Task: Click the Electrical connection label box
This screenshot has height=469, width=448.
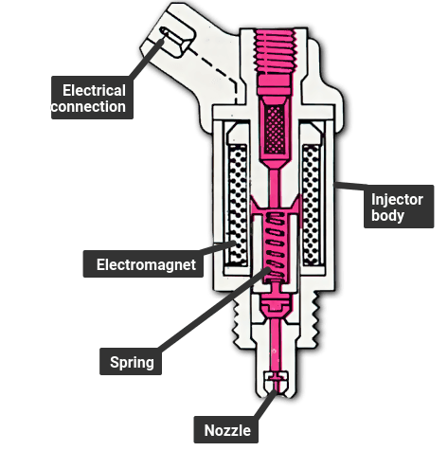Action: (x=92, y=98)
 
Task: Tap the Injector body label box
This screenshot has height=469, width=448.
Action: (x=399, y=207)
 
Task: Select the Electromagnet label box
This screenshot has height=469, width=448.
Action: (x=143, y=264)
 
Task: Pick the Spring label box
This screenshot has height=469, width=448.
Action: (x=131, y=362)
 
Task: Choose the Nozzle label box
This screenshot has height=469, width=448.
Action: (x=226, y=430)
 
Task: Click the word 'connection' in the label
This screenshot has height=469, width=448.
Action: (x=88, y=106)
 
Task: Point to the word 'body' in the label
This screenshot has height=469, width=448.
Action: (x=387, y=215)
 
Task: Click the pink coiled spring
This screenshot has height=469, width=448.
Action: (x=276, y=245)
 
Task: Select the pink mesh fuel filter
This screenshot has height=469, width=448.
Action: (x=275, y=129)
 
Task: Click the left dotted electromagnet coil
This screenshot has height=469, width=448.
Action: (x=238, y=205)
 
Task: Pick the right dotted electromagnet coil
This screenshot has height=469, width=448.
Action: (x=312, y=205)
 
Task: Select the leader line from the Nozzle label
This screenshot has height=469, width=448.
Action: (x=266, y=405)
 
